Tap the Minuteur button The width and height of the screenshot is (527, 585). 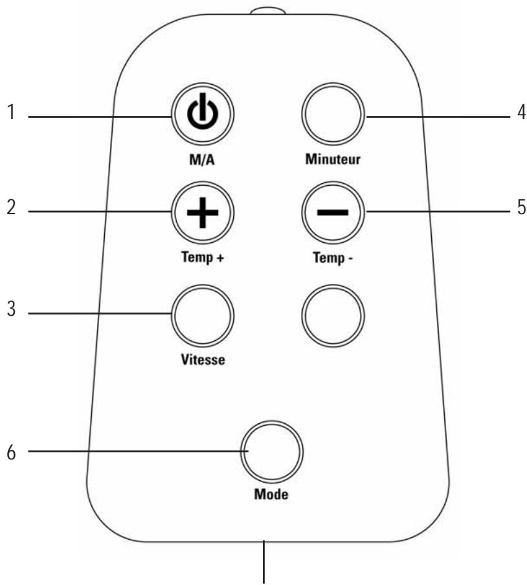tap(333, 114)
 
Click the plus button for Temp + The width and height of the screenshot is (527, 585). tap(203, 213)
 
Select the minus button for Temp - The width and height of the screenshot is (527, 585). tap(333, 213)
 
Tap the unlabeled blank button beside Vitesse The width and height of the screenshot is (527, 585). tap(333, 316)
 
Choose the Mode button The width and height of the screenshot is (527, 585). tap(272, 452)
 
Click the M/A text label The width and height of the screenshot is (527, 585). tap(202, 160)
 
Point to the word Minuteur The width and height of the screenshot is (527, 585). tap(333, 159)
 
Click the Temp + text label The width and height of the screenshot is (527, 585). tap(203, 257)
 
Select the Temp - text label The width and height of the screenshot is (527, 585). tap(333, 258)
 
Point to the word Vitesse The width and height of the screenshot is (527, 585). tap(203, 360)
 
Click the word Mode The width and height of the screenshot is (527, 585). tap(271, 494)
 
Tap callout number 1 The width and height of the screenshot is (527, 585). tap(12, 112)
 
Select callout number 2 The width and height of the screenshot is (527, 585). tap(11, 207)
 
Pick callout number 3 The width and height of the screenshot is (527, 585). tap(11, 309)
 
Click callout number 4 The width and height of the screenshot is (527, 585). tap(521, 112)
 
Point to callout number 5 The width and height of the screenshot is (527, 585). tap(521, 207)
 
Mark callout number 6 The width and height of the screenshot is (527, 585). tap(11, 452)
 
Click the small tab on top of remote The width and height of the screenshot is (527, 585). tap(268, 11)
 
